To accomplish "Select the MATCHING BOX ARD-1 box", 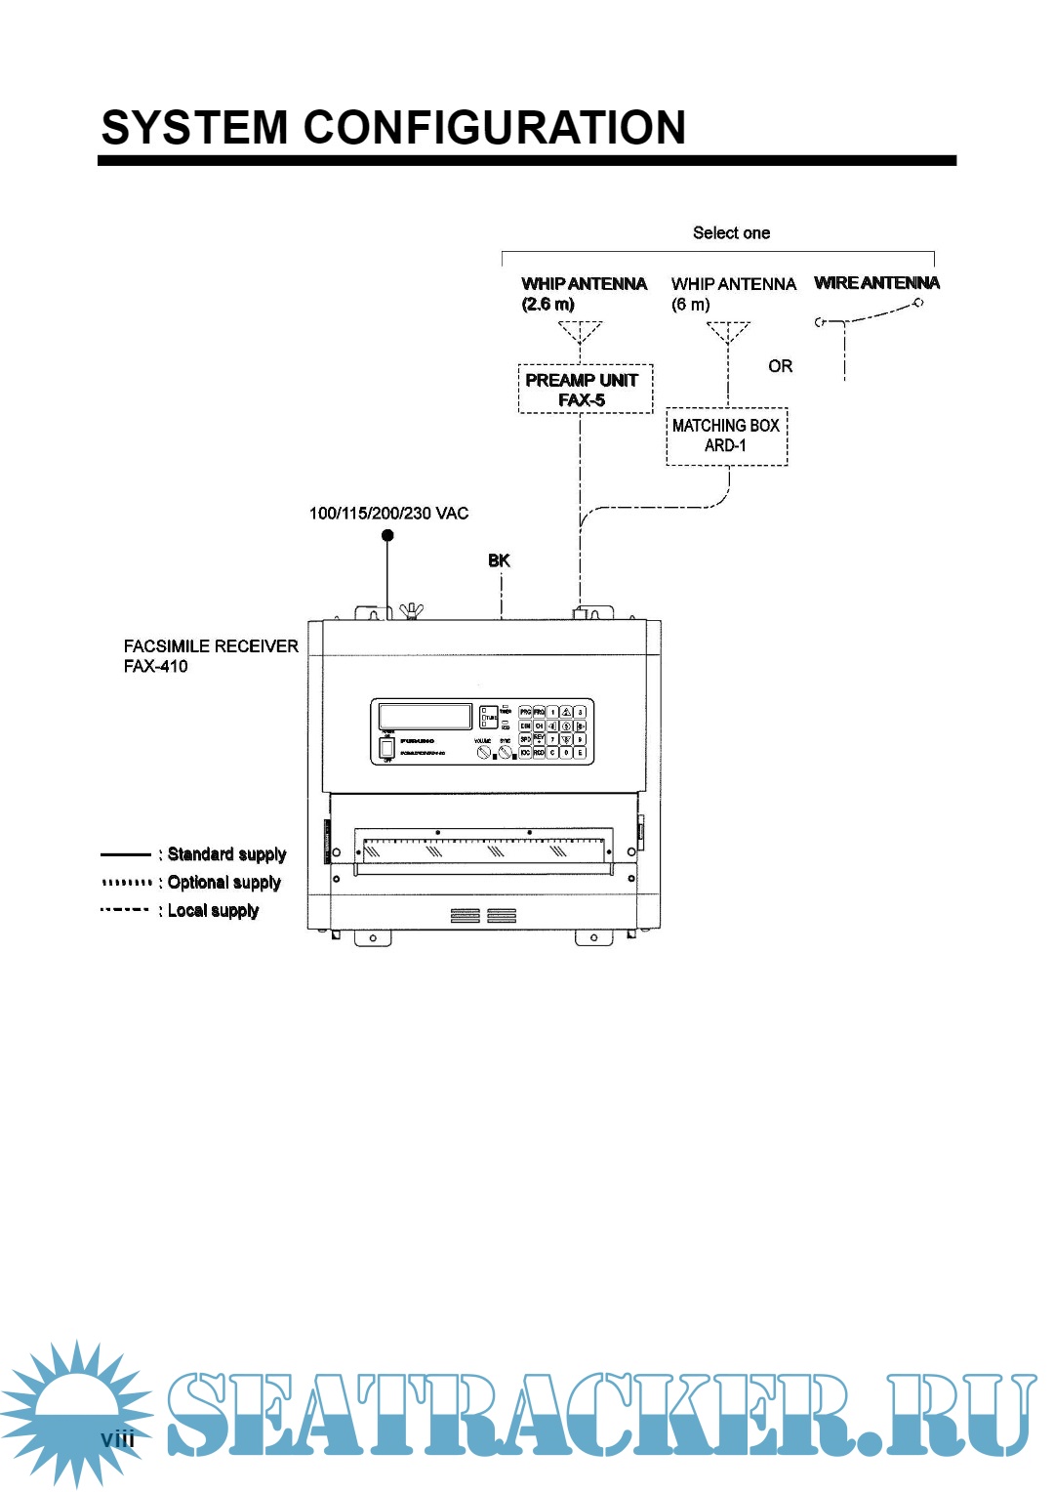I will [726, 435].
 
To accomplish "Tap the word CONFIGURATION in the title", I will [495, 128].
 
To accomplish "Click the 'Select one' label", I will [731, 232].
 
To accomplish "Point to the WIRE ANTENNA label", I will [876, 283].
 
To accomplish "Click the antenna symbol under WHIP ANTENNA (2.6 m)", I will [581, 333].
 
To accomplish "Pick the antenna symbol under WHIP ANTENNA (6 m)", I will [728, 333].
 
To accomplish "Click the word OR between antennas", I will [780, 366].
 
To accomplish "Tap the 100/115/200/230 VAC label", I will [388, 514].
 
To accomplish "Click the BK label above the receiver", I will [499, 560].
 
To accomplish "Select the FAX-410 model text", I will [156, 667].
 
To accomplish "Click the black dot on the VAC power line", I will [387, 535].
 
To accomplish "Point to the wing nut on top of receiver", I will [412, 611].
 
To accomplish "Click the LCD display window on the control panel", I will [425, 716].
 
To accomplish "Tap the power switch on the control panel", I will [387, 747].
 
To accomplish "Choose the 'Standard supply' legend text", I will [226, 854].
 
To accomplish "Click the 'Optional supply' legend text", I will [223, 883].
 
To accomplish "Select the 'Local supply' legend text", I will [213, 911].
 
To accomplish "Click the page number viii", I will [118, 1438].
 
